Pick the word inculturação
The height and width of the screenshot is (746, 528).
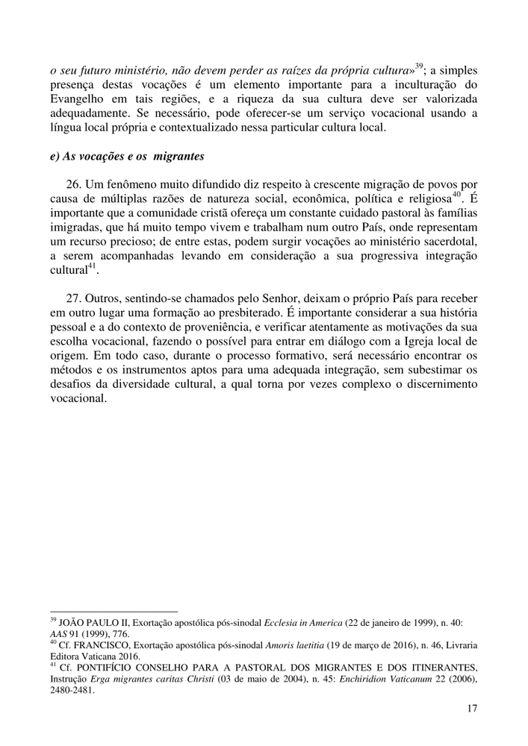click(423, 85)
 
